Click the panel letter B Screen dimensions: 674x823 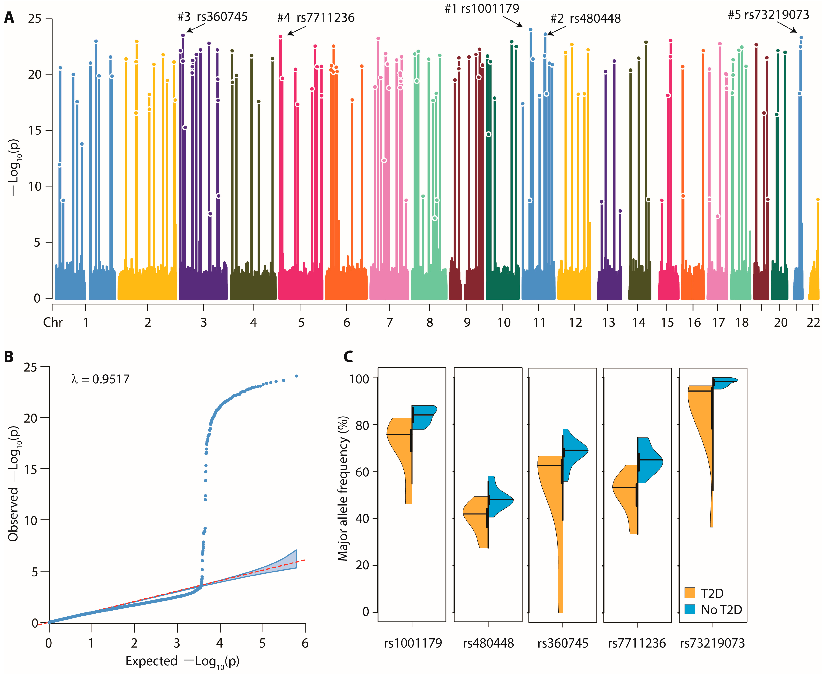coord(9,356)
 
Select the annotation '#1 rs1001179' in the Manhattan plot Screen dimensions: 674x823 coord(482,9)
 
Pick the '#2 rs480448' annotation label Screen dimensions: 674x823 coord(585,19)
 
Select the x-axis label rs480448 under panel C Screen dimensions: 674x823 coord(488,643)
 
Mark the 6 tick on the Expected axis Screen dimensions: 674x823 coord(305,643)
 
